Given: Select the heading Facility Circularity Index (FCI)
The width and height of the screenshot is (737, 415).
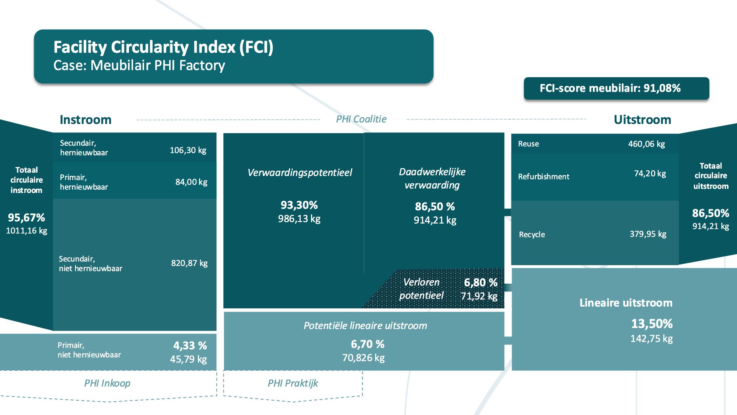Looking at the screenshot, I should (x=163, y=47).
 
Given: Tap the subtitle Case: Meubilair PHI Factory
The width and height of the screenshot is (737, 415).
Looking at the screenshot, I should (x=139, y=65).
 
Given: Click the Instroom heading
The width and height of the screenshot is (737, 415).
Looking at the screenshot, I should (x=85, y=120).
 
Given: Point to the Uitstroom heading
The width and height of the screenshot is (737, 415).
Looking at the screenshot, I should (x=642, y=120).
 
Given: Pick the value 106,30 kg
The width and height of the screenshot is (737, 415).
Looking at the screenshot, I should (x=188, y=150).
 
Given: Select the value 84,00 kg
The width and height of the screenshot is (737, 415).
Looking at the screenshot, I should (x=191, y=182).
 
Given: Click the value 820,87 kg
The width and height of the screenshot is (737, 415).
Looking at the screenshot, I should (x=189, y=263).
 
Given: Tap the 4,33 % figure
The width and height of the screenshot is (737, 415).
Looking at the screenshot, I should (x=190, y=346).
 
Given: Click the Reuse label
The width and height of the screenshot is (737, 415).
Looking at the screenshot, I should (x=528, y=144).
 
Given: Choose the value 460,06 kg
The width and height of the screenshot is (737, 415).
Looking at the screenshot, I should (x=647, y=144).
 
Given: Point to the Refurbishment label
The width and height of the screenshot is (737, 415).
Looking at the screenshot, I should (x=544, y=177).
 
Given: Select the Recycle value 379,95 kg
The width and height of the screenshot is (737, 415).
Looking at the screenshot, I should (x=648, y=234).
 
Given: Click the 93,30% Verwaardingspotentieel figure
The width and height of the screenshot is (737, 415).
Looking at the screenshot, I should (x=299, y=205).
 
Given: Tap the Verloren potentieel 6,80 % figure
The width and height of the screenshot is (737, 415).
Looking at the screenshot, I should (x=481, y=283).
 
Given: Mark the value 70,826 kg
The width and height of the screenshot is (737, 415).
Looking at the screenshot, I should (x=363, y=358).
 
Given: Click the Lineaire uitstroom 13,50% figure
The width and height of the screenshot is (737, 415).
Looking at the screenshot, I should (x=652, y=324).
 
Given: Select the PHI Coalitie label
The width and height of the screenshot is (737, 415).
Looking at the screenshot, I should (x=361, y=119).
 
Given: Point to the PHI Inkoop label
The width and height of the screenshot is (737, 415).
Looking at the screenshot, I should (x=107, y=383).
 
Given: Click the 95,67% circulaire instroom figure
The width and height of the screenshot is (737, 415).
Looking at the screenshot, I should (x=27, y=218).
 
